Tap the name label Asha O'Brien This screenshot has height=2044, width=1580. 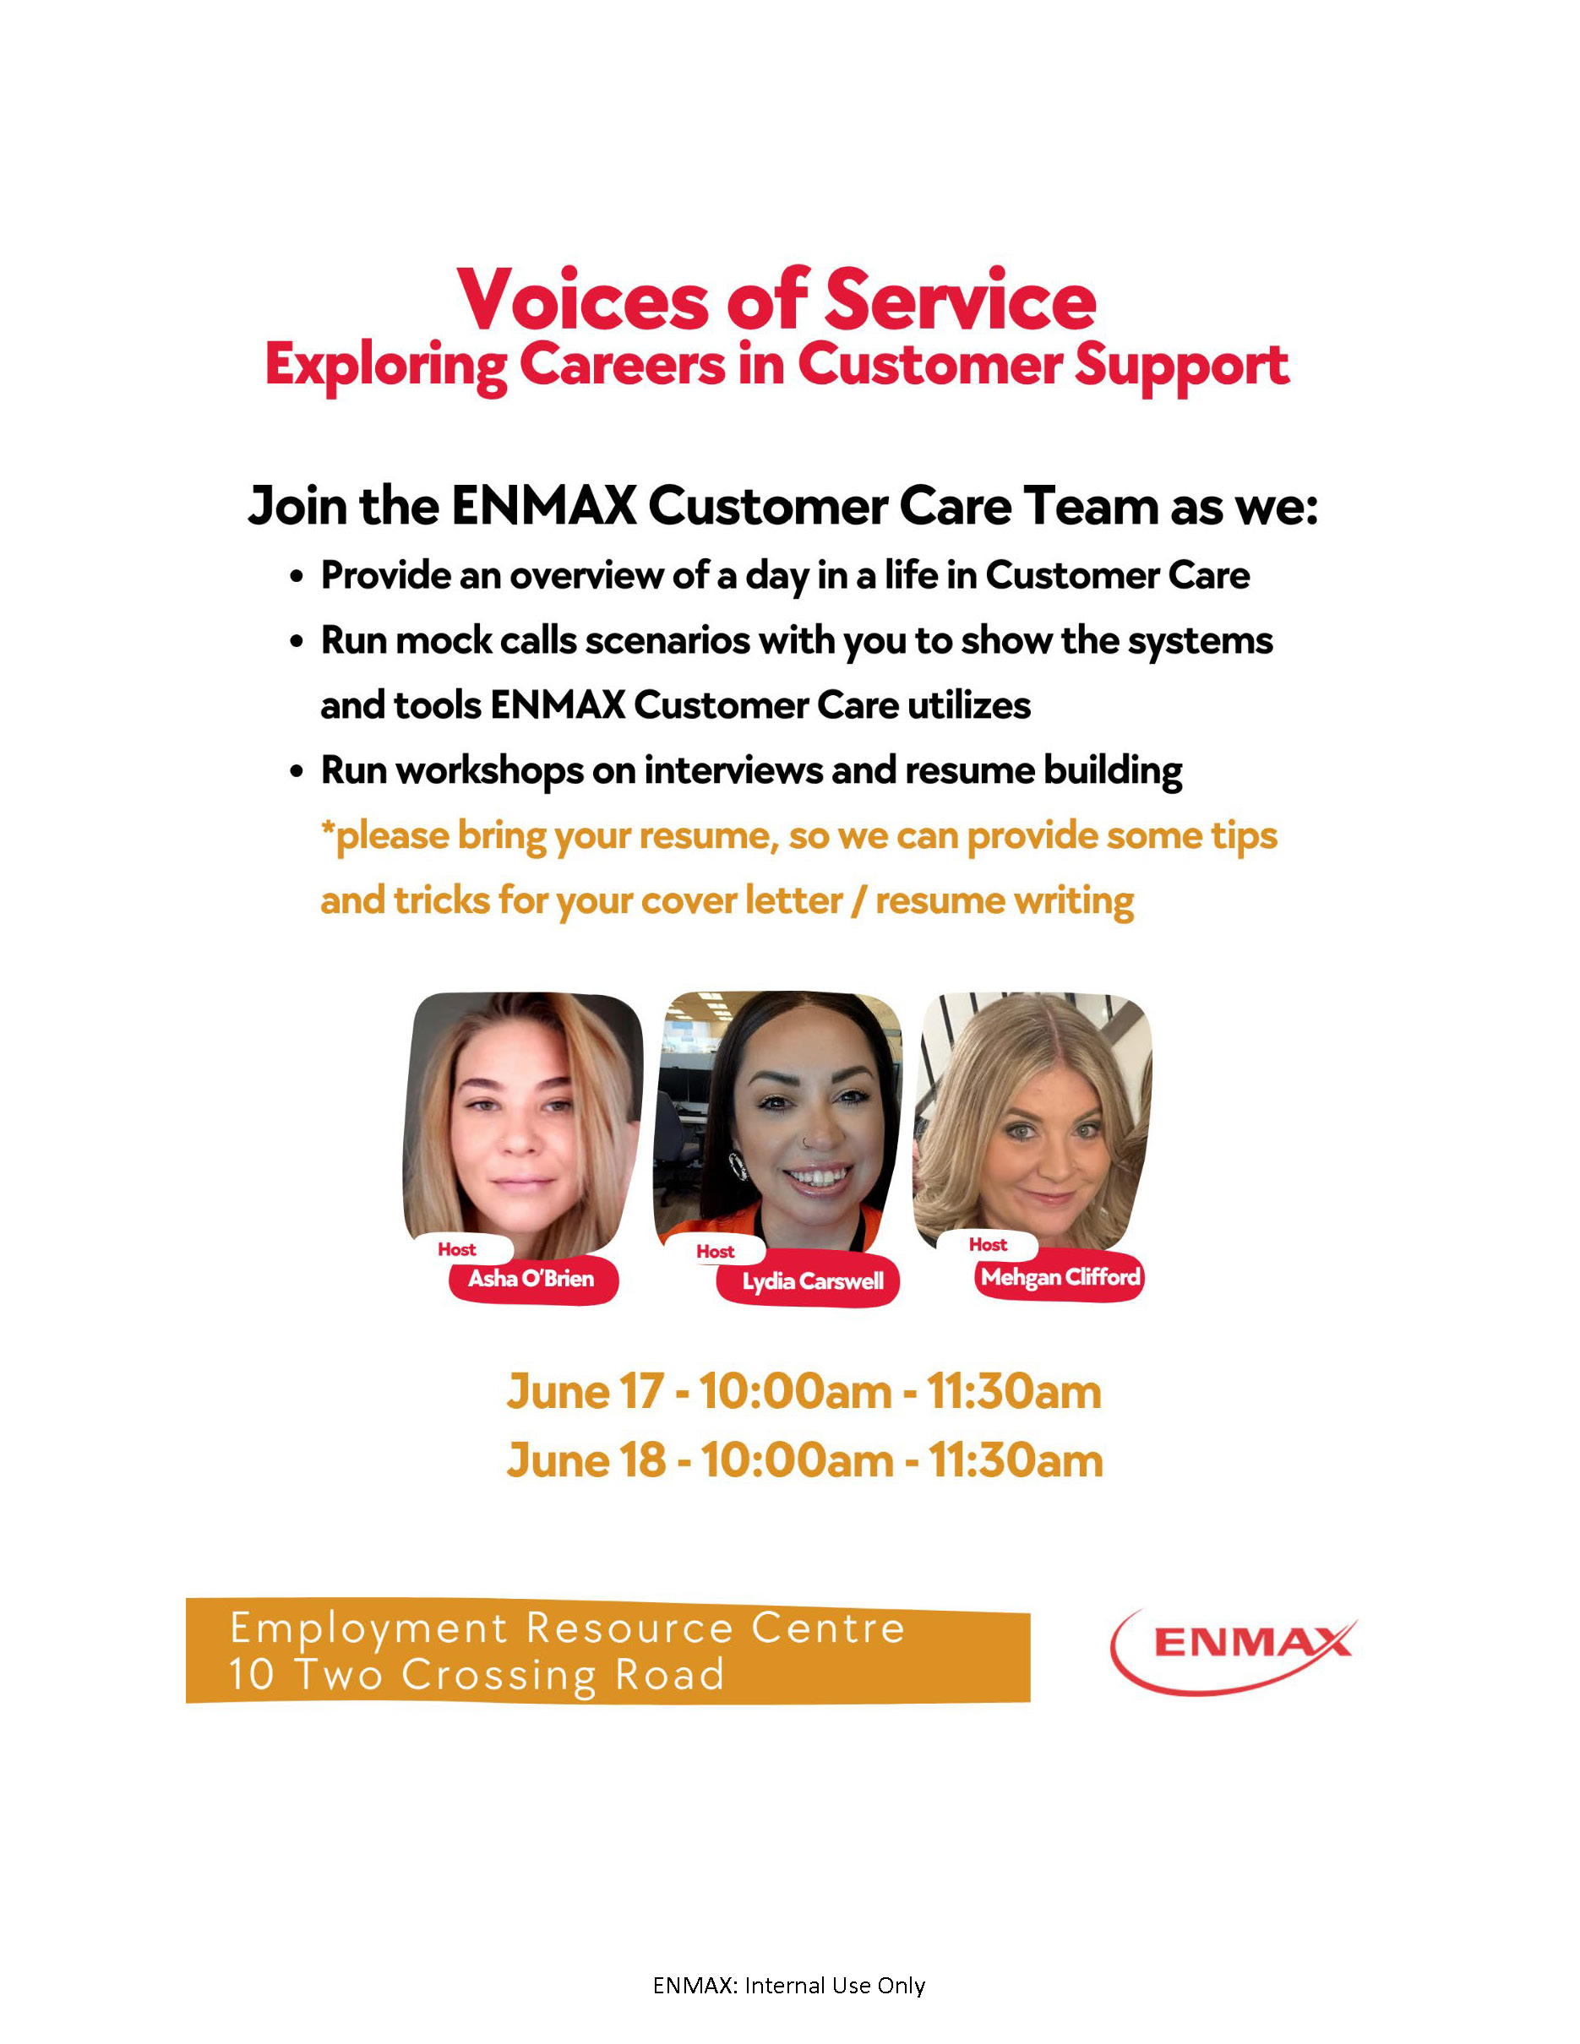click(x=531, y=1279)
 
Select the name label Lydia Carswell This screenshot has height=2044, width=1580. click(x=813, y=1281)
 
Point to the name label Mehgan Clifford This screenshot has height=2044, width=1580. click(x=1060, y=1276)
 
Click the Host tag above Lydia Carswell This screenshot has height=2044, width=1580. click(x=715, y=1251)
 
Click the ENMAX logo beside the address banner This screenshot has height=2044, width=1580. click(x=1234, y=1651)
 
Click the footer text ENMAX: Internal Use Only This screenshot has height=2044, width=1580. click(x=789, y=1985)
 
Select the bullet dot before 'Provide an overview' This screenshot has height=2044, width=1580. click(x=297, y=578)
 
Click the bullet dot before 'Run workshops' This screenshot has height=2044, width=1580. click(x=297, y=772)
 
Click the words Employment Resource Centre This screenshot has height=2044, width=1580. click(x=567, y=1628)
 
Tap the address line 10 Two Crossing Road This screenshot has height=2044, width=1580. click(x=477, y=1674)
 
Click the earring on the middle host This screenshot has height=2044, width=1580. click(x=738, y=1166)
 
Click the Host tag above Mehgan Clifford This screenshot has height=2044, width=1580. click(x=988, y=1244)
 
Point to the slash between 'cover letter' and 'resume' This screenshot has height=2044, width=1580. click(x=858, y=900)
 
